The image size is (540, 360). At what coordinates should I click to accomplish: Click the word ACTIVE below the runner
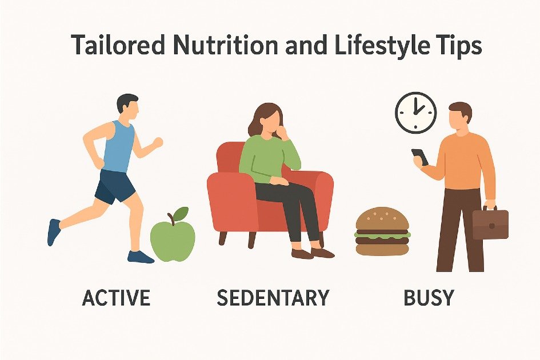point(117,298)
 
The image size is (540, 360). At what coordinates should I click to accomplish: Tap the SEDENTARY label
point(273,298)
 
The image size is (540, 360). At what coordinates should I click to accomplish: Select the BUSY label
point(429,298)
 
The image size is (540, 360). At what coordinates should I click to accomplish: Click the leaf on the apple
point(181,214)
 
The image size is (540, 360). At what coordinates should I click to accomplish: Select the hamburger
point(382,231)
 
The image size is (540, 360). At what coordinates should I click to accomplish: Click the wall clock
point(415,113)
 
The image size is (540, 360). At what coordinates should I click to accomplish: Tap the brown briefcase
point(490,223)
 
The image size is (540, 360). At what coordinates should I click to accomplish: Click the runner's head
point(127,107)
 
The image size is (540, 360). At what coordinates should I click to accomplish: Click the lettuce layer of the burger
point(382,234)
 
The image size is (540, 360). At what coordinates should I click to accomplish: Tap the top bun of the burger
point(382,219)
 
